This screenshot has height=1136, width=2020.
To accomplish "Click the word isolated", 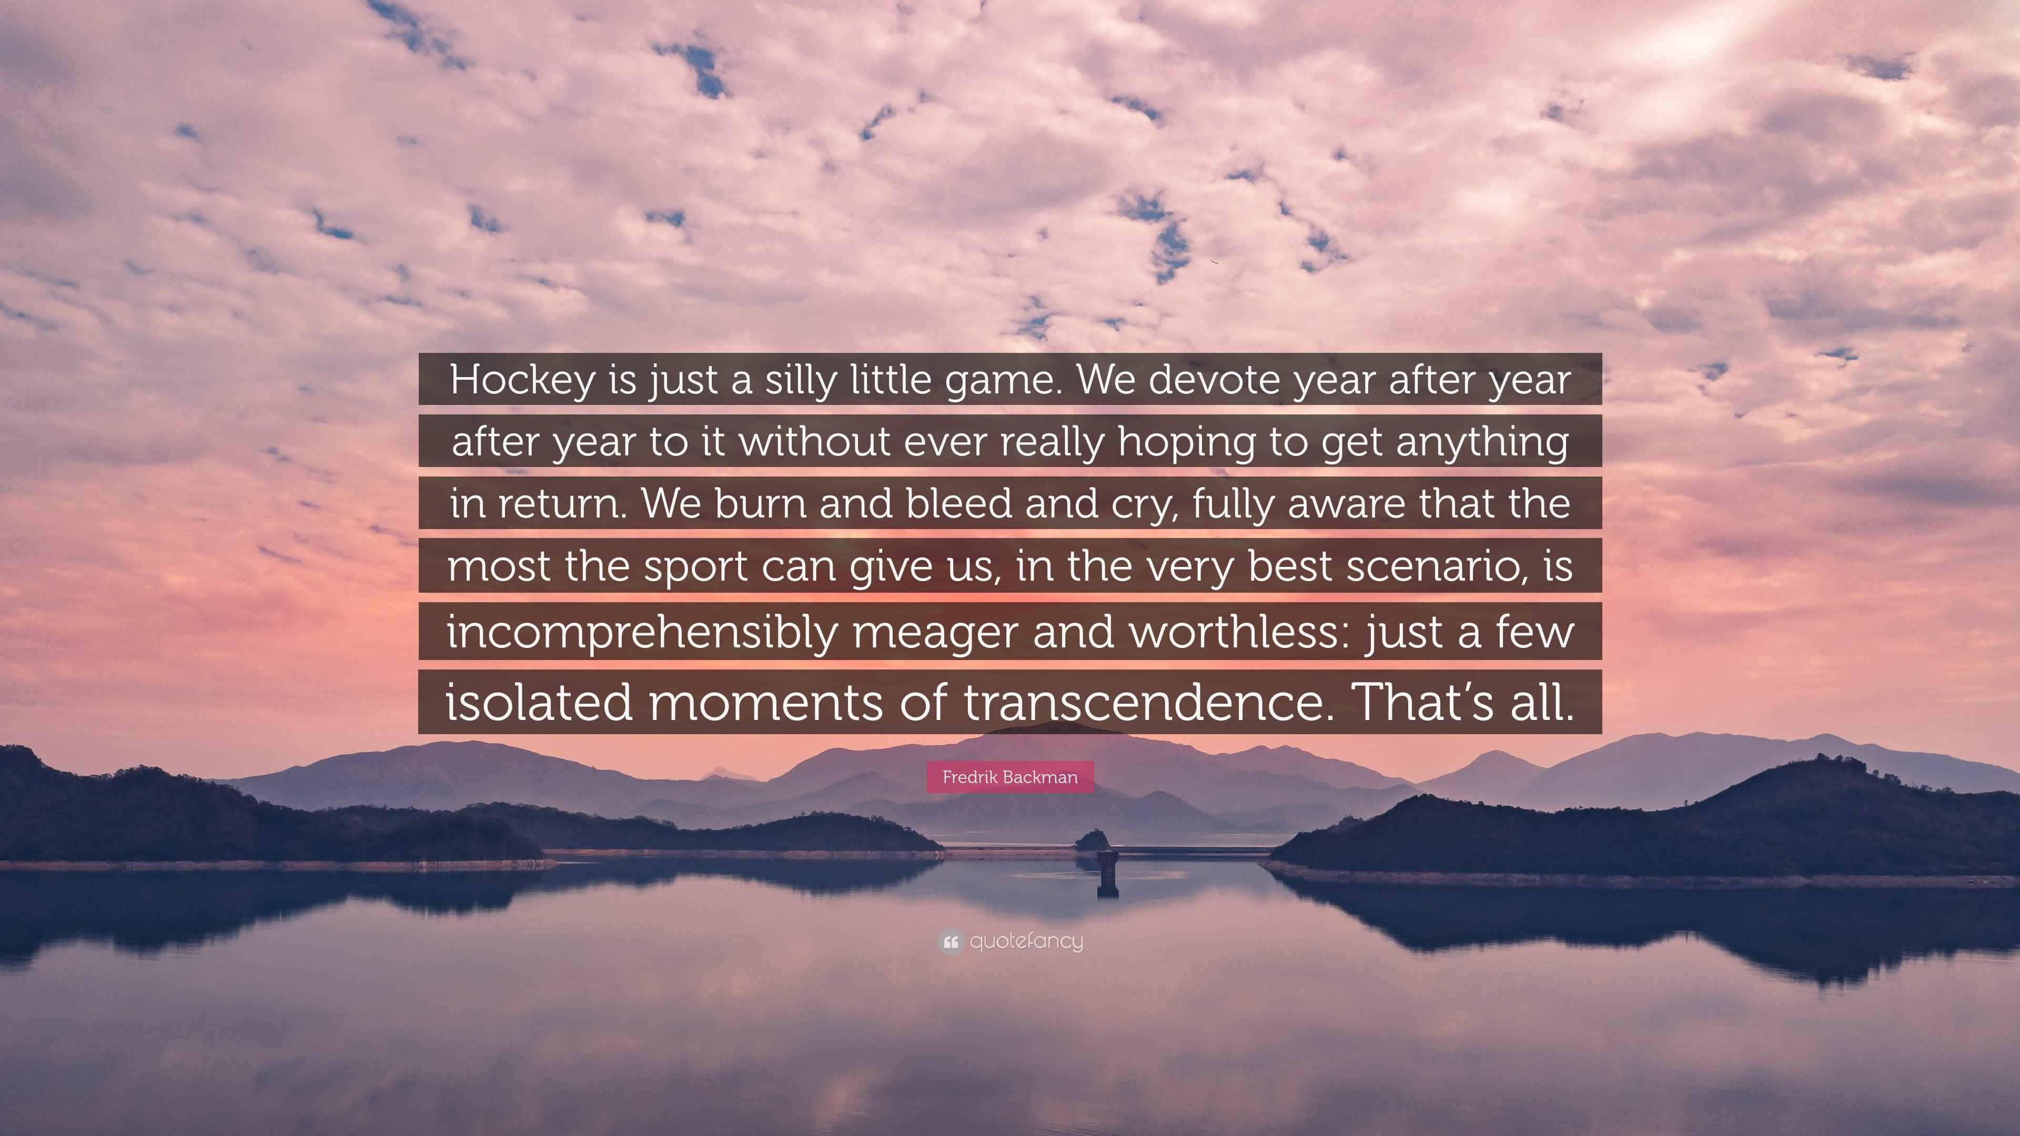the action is [x=539, y=701].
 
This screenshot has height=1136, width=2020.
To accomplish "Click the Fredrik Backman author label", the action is [x=1010, y=777].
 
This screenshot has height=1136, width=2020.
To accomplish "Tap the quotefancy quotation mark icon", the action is [x=950, y=941].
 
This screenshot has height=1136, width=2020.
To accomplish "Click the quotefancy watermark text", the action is [x=1026, y=941].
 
